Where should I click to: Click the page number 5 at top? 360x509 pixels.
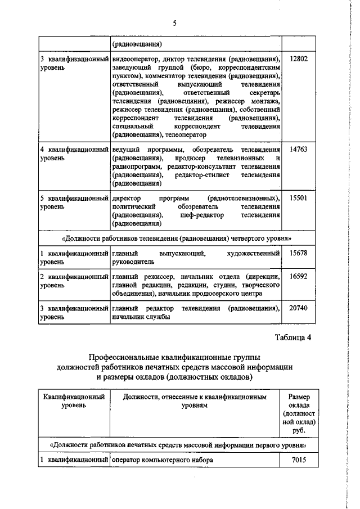[175, 23]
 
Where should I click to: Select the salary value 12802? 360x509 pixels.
[298, 59]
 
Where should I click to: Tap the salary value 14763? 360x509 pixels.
[298, 151]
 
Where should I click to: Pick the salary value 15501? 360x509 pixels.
[298, 199]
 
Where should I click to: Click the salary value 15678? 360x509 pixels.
[298, 254]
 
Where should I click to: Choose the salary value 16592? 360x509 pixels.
[298, 277]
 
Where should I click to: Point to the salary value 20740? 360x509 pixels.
[298, 309]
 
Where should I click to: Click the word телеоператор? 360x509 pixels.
[187, 135]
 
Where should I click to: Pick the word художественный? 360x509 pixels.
[255, 254]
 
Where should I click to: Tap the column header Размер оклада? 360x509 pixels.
[298, 402]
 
